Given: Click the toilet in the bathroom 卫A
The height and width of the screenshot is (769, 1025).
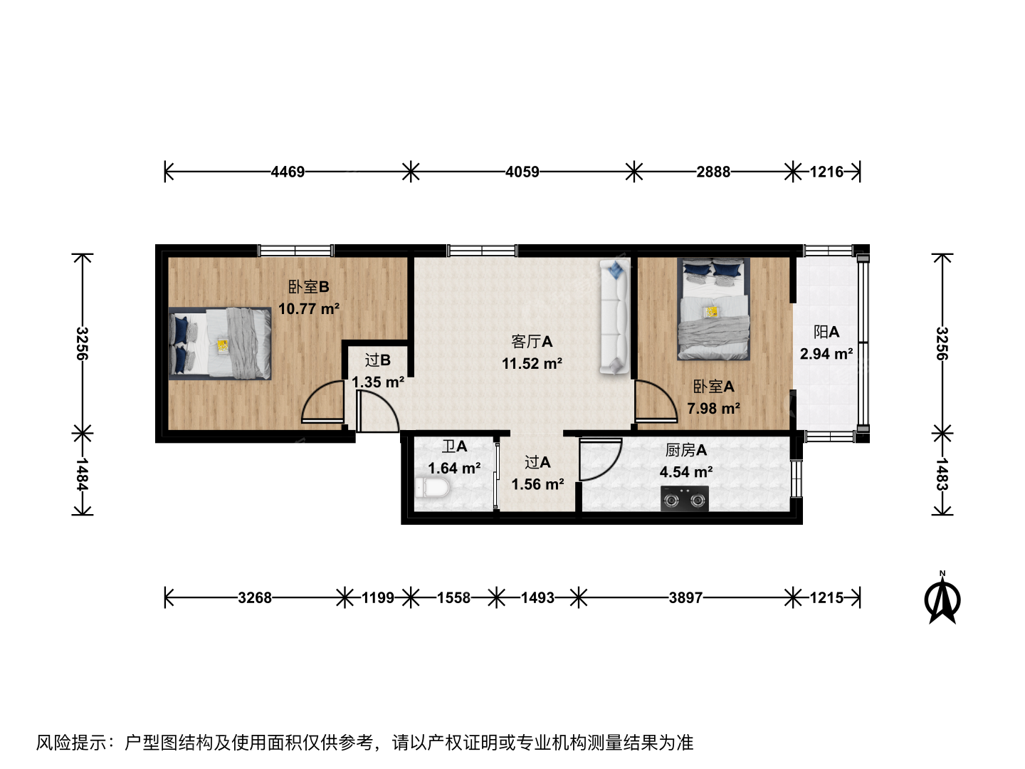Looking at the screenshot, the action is [x=432, y=488].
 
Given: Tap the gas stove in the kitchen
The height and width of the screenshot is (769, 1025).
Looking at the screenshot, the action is [x=685, y=498].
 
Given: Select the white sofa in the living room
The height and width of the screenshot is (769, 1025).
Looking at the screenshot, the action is [x=614, y=318].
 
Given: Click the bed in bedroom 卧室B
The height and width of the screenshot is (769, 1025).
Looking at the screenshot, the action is [x=220, y=343].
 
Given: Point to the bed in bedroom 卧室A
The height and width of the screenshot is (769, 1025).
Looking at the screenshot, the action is [x=713, y=308].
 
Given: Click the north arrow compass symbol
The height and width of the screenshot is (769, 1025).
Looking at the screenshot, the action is [x=942, y=600].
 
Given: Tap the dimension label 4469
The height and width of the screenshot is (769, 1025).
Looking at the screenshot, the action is [x=288, y=172].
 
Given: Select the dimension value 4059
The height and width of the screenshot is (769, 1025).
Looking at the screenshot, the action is [x=522, y=172].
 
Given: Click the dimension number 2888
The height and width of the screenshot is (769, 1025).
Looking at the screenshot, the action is [x=713, y=172].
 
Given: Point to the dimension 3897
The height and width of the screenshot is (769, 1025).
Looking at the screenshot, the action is [x=685, y=597].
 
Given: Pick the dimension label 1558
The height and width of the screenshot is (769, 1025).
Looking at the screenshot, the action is [x=453, y=597].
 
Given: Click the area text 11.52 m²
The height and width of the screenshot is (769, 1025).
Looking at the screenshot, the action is [x=532, y=363].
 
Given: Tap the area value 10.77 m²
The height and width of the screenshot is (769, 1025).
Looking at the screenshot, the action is [x=309, y=308].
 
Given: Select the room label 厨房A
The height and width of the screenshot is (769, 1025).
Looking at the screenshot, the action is [x=685, y=450].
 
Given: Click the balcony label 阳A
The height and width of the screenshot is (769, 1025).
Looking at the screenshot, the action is [x=826, y=332].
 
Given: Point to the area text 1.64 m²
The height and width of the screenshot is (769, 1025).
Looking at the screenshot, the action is [x=454, y=468].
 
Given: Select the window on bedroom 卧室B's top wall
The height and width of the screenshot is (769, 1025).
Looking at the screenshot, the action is [x=296, y=251].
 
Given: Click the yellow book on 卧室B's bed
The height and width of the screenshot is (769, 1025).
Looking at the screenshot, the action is [x=223, y=346].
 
